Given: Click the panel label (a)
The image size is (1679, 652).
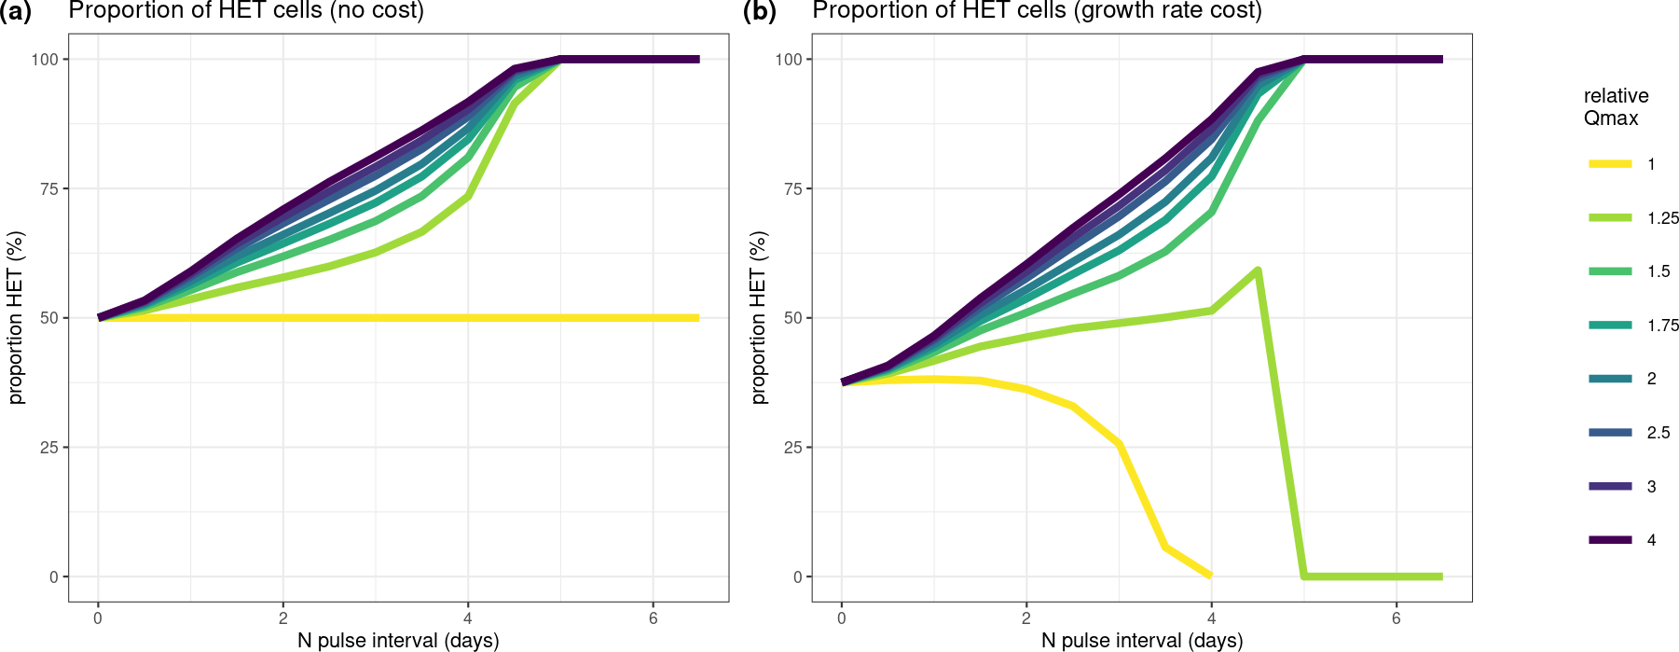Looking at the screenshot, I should click(16, 11).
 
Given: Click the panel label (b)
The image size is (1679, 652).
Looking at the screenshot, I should click(759, 11).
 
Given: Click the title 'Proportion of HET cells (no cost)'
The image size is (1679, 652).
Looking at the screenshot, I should click(246, 11).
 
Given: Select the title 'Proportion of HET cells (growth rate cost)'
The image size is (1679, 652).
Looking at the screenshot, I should click(1037, 11).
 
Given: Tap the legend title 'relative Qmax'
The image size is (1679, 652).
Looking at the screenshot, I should click(1616, 107).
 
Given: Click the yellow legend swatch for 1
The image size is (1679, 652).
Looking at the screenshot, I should click(1610, 164).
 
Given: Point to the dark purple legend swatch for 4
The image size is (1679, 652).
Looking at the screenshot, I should click(1610, 540).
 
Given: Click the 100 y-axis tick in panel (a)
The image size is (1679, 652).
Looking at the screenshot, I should click(45, 60).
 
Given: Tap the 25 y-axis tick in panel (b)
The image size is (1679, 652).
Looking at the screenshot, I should click(791, 448).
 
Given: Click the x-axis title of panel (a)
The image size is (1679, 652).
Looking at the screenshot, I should click(398, 641).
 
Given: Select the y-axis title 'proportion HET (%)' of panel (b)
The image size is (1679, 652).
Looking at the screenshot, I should click(759, 318).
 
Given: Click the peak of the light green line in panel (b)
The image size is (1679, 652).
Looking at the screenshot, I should click(1258, 271).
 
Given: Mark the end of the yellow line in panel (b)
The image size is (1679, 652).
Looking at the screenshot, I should click(1210, 576).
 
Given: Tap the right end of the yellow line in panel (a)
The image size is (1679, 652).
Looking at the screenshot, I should click(698, 318).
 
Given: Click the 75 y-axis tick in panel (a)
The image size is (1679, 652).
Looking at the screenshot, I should click(48, 188).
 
